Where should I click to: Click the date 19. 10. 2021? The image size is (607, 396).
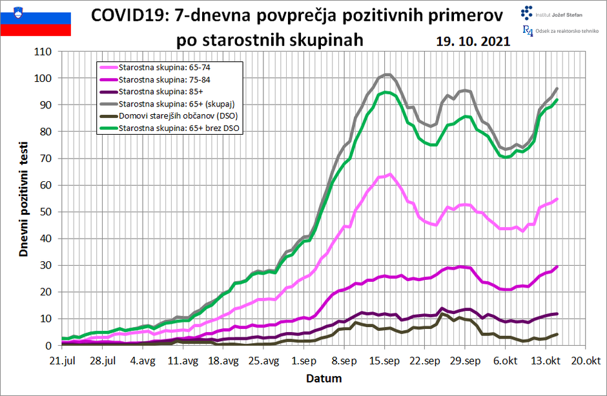pos(473,41)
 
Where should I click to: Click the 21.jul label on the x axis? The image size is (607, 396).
pos(67,361)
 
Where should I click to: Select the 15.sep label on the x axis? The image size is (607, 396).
pos(385,361)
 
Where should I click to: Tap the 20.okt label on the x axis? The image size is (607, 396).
pos(584,361)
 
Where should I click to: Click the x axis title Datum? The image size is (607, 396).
pos(324,378)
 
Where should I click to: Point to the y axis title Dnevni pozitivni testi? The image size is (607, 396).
pos(24,198)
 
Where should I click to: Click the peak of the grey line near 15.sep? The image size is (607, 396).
pos(387,74)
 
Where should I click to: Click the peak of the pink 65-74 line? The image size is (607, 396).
pos(390,173)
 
